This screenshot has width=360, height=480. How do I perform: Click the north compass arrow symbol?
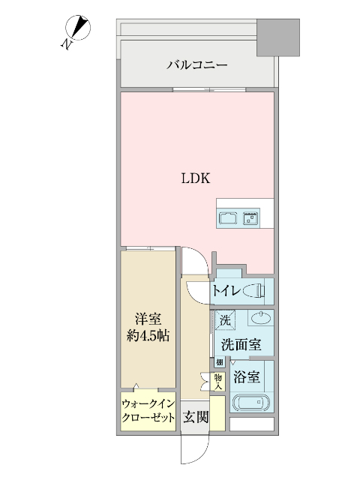pos(78,31)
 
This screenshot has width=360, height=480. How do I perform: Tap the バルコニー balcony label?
pos(196,66)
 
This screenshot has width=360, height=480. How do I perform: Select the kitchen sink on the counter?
pos(228,219)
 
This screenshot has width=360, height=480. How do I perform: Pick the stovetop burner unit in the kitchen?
pos(250,219)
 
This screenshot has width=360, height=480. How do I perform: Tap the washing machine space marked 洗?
pos(224,320)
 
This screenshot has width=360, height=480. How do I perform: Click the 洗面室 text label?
pos(241,346)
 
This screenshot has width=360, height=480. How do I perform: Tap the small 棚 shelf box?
pos(220,363)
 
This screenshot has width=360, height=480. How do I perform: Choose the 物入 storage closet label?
pos(217,382)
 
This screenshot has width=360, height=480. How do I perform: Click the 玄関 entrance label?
pos(196,417)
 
